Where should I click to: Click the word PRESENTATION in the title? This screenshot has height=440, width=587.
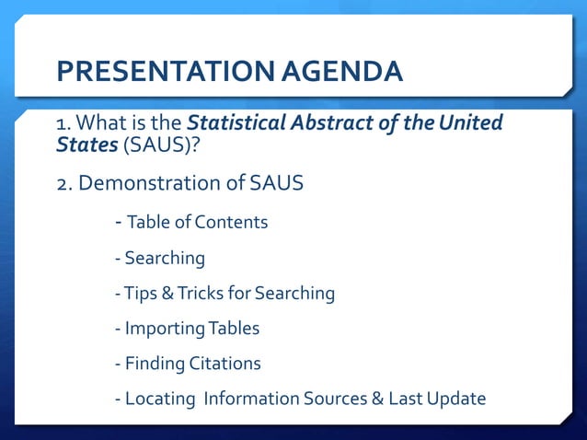146,71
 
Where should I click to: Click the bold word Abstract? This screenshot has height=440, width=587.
344,122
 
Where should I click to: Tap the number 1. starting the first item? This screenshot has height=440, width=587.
64,123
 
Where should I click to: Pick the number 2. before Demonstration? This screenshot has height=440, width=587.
64,183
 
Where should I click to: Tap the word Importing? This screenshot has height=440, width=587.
166,329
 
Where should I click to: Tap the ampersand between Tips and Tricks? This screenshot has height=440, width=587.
166,294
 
